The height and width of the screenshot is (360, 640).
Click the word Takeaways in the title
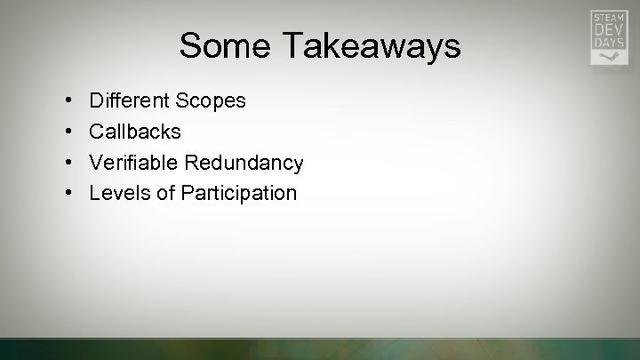[373, 45]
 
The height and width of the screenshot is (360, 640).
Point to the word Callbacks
[135, 132]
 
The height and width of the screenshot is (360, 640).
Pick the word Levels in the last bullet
[118, 193]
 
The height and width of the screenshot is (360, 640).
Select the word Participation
[238, 193]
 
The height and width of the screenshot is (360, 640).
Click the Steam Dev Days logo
[610, 37]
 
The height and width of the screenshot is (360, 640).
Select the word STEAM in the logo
[610, 18]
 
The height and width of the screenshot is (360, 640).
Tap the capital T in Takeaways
[295, 45]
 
